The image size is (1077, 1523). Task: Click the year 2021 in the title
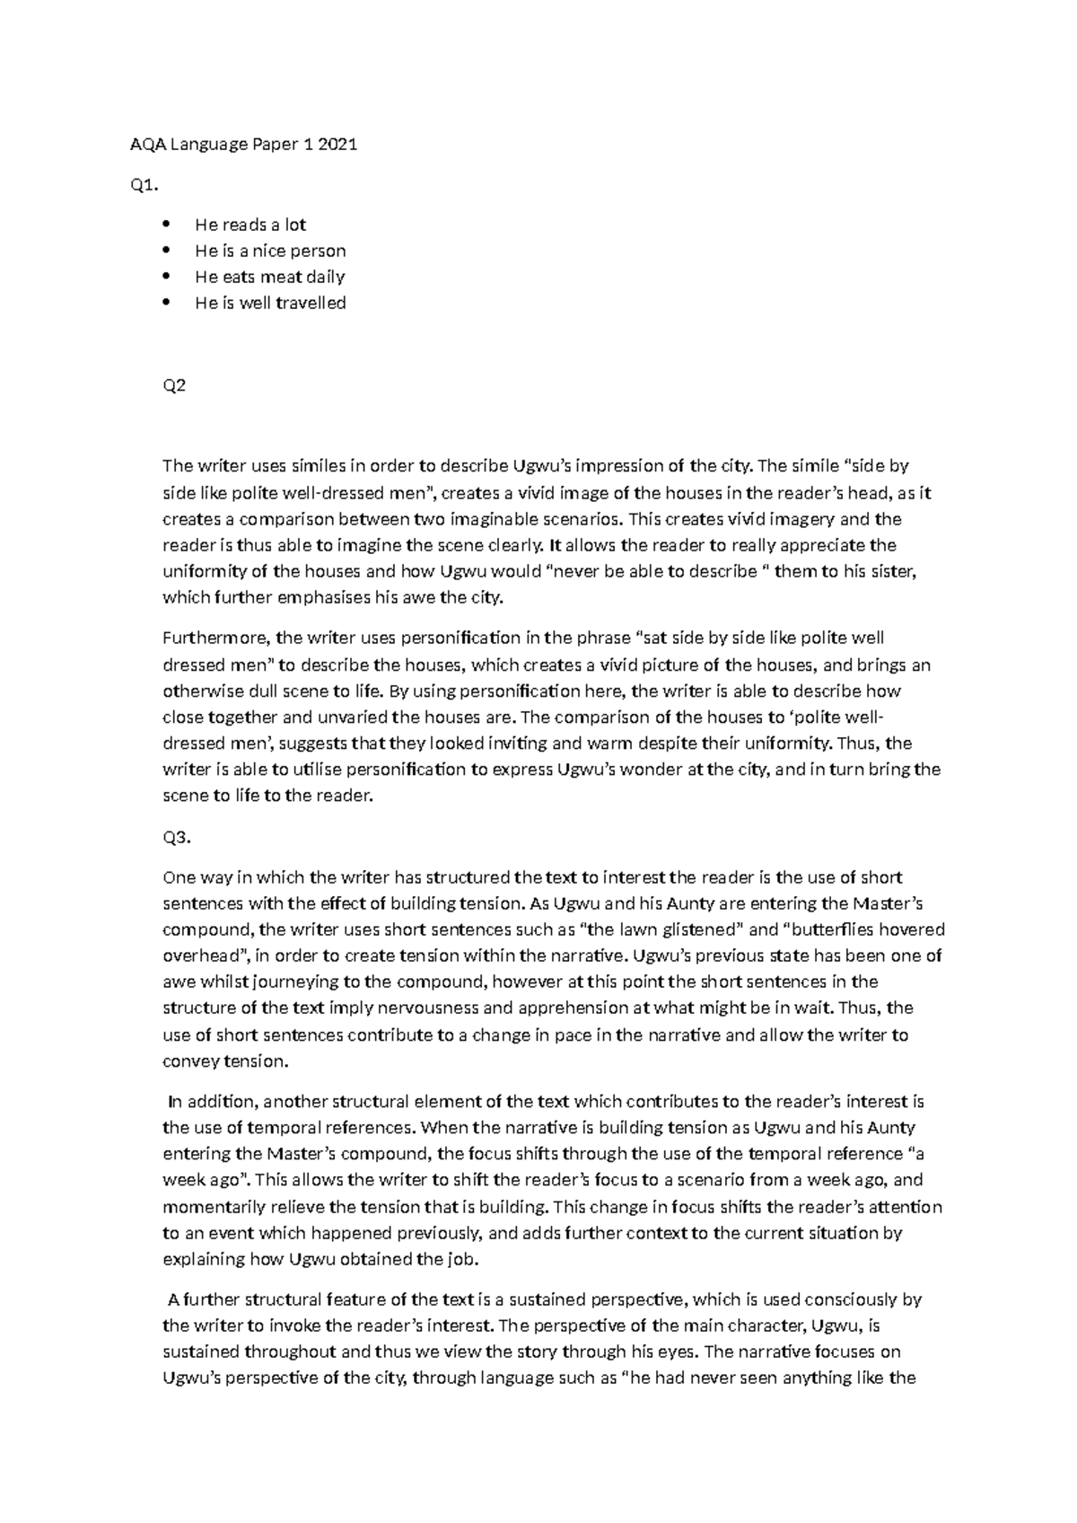click(337, 145)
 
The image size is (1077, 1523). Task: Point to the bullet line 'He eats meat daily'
click(269, 277)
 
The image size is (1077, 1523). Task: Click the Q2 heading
click(173, 387)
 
